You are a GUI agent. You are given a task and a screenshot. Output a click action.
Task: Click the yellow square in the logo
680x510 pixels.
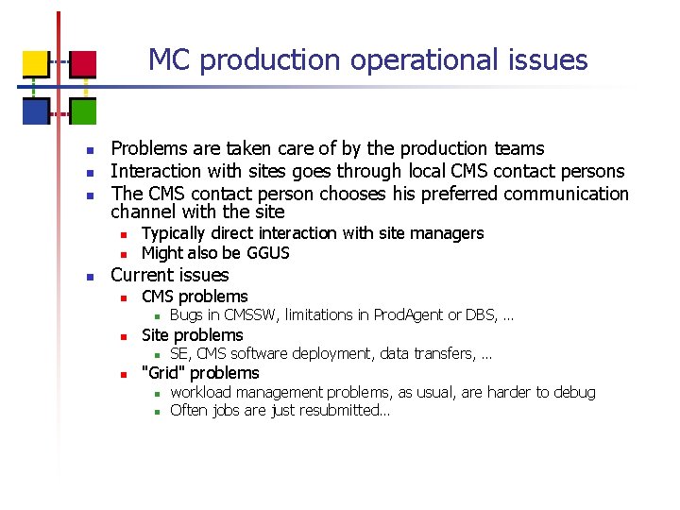click(x=35, y=64)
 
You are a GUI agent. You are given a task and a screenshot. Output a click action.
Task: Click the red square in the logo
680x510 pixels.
click(x=83, y=64)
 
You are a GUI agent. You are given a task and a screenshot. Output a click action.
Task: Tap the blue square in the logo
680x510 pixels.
click(x=35, y=111)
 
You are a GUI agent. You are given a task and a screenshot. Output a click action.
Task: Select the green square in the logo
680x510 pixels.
click(x=83, y=111)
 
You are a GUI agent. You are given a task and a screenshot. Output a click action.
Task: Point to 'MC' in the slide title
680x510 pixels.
click(x=170, y=60)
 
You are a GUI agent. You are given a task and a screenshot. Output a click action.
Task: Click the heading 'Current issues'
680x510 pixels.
click(x=170, y=275)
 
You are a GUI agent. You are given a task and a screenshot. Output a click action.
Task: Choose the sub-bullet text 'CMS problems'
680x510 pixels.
click(x=195, y=297)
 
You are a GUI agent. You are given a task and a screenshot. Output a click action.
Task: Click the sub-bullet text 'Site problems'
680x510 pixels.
click(x=193, y=335)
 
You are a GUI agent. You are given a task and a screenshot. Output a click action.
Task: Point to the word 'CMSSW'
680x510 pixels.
click(x=249, y=315)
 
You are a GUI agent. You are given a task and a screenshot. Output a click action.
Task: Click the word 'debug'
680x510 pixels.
click(x=574, y=392)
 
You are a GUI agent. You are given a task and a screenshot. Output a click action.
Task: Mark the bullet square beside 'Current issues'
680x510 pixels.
click(x=88, y=277)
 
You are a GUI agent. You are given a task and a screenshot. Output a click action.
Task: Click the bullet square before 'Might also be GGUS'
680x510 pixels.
click(x=122, y=254)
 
